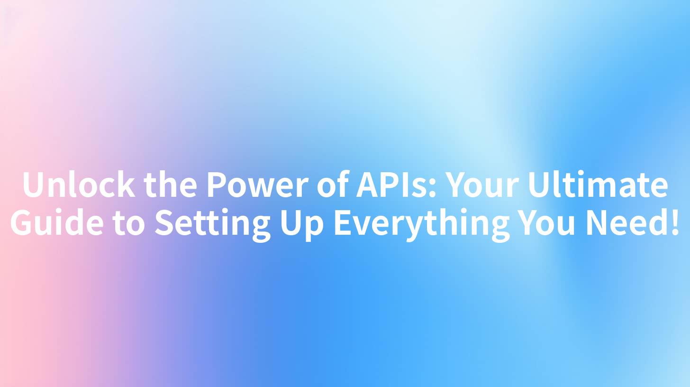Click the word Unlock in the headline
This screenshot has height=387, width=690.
[x=78, y=185]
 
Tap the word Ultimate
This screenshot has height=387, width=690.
[x=599, y=185]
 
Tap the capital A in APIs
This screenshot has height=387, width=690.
[x=368, y=185]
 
